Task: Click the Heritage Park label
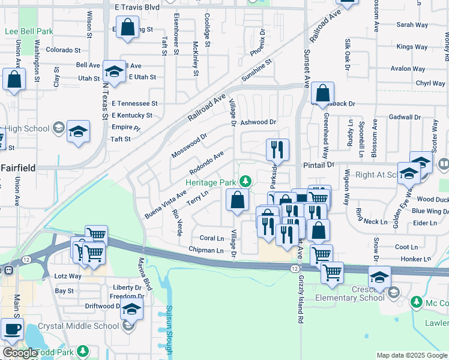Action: pos(211,182)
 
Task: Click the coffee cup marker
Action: pos(13,328)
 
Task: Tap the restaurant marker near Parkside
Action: pos(277,149)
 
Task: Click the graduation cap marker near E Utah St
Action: pos(113,71)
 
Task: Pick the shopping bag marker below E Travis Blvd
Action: pos(127,27)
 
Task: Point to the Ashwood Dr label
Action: pos(258,122)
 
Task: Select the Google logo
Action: pos(20,353)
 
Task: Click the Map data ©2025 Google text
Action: pos(412,355)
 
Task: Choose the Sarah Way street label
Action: pos(412,25)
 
